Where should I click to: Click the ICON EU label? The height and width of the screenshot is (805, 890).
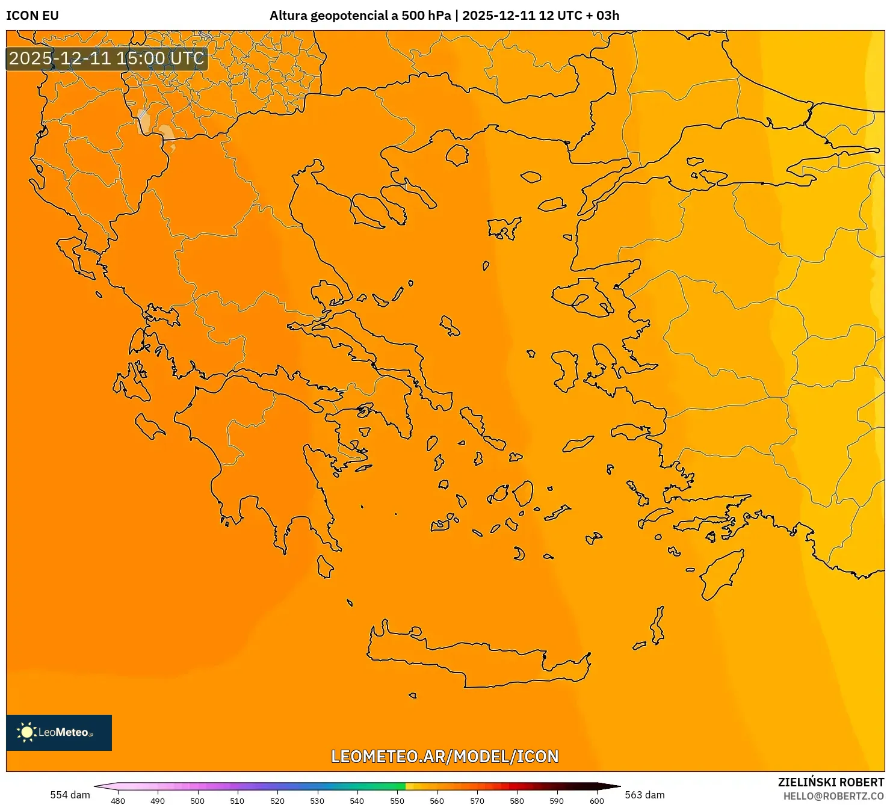[x=32, y=16]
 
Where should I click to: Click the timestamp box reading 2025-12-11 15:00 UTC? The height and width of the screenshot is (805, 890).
[x=107, y=58]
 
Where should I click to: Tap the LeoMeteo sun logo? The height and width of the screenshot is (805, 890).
[x=26, y=732]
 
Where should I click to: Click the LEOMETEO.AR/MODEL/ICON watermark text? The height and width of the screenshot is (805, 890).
[x=445, y=756]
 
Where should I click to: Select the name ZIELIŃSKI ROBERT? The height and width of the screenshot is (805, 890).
[x=830, y=782]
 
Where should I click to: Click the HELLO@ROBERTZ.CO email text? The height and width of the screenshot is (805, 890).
[x=833, y=796]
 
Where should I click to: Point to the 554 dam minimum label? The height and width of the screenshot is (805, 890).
[x=70, y=795]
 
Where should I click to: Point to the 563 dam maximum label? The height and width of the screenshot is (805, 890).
[x=644, y=795]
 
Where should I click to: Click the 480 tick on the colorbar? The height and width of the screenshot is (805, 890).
[x=118, y=800]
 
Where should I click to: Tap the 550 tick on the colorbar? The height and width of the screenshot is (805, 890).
[x=397, y=800]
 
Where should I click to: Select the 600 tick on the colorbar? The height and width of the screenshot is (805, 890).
[x=596, y=800]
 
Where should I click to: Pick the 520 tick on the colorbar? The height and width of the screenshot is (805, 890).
[x=277, y=800]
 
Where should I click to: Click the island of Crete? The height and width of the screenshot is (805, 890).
[x=481, y=662]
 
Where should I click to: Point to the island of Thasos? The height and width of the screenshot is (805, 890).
[x=457, y=155]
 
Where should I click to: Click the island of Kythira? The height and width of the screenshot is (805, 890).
[x=325, y=566]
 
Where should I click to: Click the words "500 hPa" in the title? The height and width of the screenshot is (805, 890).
[x=426, y=16]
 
